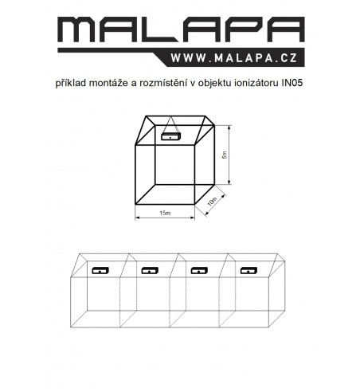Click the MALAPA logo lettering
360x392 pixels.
181,29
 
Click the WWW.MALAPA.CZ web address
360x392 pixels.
234,58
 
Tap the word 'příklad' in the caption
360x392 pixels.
71,83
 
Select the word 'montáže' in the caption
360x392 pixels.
109,83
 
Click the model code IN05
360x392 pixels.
292,83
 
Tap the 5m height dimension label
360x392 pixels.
225,155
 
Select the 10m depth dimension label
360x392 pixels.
213,202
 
